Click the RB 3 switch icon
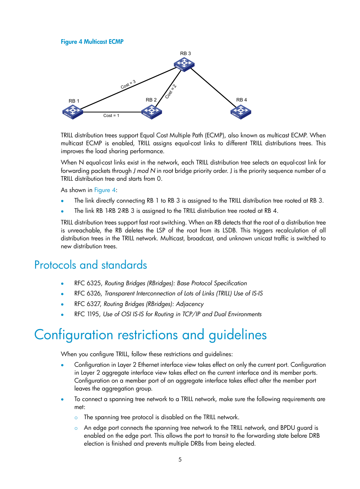pyautogui.click(x=184, y=65)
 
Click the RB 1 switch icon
pyautogui.click(x=72, y=112)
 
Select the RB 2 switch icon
pyautogui.click(x=151, y=112)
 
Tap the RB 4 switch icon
pyautogui.click(x=241, y=112)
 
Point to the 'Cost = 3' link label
pyautogui.click(x=128, y=85)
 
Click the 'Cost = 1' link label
pyautogui.click(x=111, y=115)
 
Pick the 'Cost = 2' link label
pyautogui.click(x=171, y=92)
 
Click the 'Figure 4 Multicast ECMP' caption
pyautogui.click(x=92, y=42)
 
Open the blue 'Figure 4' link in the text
pyautogui.click(x=105, y=190)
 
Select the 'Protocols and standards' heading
pyautogui.click(x=91, y=265)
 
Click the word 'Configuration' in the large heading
pyautogui.click(x=74, y=335)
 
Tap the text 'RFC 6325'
pyautogui.click(x=88, y=283)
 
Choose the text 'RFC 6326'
pyautogui.click(x=88, y=294)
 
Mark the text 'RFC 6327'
pyautogui.click(x=88, y=304)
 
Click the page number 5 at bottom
pyautogui.click(x=180, y=460)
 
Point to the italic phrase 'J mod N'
pyautogui.click(x=144, y=171)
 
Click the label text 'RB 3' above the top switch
pyautogui.click(x=185, y=54)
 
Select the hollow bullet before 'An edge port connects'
pyautogui.click(x=76, y=428)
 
